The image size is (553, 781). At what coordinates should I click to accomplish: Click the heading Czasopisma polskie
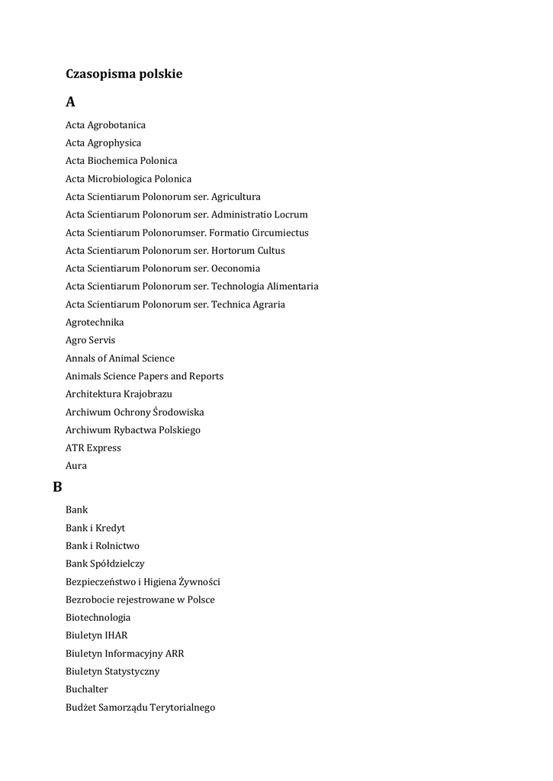(x=124, y=74)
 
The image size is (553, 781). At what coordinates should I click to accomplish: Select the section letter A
(x=70, y=101)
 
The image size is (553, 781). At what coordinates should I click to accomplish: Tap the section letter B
(x=57, y=486)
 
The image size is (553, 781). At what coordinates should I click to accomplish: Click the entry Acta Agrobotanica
(x=105, y=124)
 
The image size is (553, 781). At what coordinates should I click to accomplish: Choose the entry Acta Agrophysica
(x=103, y=143)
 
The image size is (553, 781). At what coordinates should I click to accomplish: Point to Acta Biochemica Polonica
(x=121, y=161)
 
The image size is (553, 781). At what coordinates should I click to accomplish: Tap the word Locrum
(x=291, y=214)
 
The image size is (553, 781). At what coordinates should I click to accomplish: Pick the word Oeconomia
(x=236, y=268)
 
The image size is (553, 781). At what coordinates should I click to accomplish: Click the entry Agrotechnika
(x=95, y=323)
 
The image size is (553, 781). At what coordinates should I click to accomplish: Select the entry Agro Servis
(x=90, y=340)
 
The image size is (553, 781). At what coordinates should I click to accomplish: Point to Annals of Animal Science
(x=120, y=358)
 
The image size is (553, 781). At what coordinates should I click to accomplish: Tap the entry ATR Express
(x=93, y=448)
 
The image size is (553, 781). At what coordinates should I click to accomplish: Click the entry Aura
(x=76, y=466)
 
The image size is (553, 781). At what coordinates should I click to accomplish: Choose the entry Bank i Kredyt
(x=95, y=528)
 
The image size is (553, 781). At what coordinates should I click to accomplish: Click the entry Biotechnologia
(x=98, y=618)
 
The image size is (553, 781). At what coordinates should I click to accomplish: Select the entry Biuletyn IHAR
(x=96, y=635)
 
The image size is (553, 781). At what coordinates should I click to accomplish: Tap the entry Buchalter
(x=87, y=689)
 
